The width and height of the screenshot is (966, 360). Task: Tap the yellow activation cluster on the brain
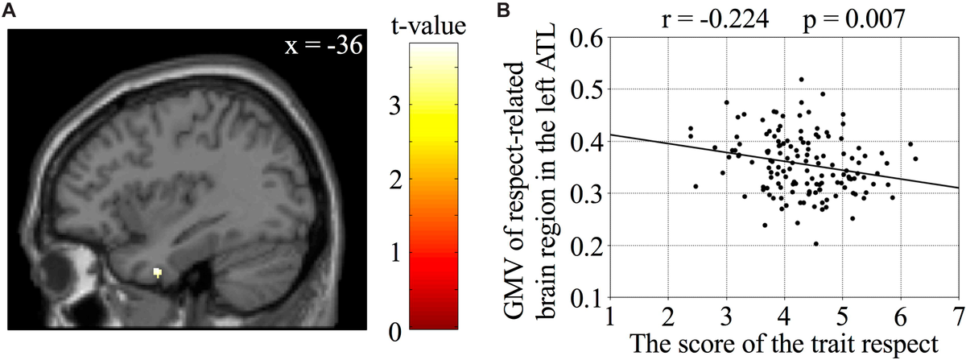click(x=158, y=273)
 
